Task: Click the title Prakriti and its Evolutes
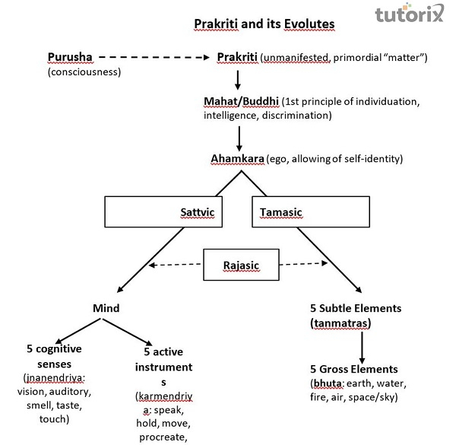click(x=264, y=24)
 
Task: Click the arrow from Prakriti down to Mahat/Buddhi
click(x=237, y=79)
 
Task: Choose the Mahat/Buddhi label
click(x=240, y=101)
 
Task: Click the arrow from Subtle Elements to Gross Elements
click(x=362, y=345)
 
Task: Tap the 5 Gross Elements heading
click(x=354, y=369)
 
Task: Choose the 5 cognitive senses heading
click(x=55, y=357)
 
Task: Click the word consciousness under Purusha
click(x=84, y=72)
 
